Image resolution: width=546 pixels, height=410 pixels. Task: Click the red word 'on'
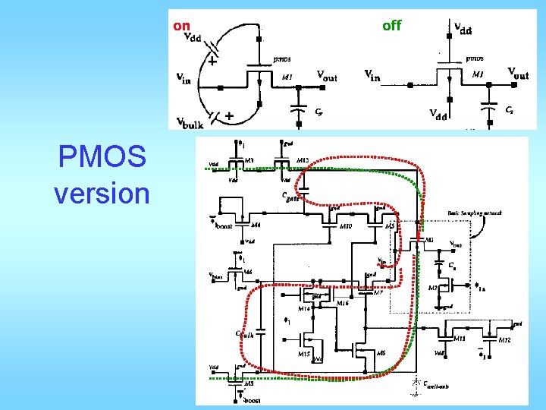tap(181, 26)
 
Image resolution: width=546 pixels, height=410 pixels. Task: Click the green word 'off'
tap(391, 26)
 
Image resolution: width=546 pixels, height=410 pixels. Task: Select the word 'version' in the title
tap(102, 193)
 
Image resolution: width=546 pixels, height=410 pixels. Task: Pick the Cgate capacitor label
tap(290, 195)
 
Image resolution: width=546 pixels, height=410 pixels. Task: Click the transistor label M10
tap(346, 226)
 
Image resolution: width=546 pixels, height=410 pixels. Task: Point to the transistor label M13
tap(303, 159)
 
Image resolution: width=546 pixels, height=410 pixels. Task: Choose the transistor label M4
tap(256, 225)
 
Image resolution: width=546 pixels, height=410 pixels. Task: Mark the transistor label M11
tap(460, 340)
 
